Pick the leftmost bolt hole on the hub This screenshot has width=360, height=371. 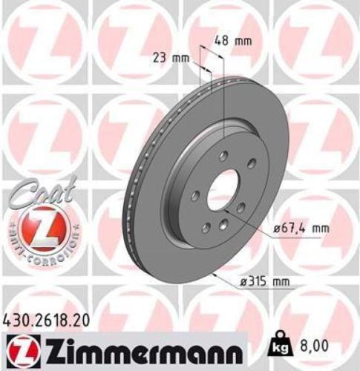tap(194, 196)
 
